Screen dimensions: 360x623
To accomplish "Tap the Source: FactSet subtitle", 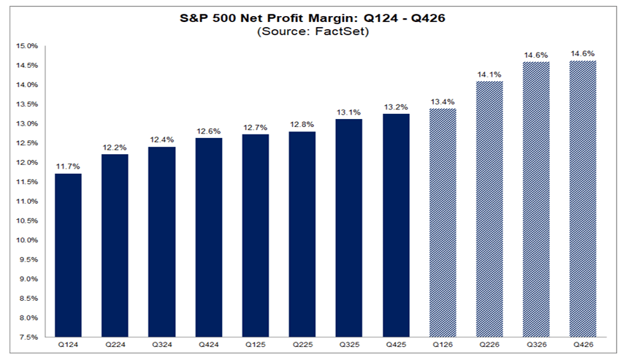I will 311,31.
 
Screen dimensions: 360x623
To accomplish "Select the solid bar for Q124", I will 67,256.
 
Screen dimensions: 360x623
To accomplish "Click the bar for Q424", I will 208,237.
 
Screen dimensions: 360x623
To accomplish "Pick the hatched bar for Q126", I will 443,223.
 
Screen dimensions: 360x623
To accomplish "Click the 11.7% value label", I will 67,166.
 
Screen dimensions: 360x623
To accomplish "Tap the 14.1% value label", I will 489,73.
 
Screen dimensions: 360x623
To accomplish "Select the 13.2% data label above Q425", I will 395,107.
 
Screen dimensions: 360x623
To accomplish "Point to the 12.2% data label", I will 114,147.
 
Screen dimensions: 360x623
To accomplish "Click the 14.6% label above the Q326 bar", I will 536,54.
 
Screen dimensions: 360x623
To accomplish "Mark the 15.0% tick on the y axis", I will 28,46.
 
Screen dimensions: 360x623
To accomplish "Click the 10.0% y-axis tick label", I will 28,240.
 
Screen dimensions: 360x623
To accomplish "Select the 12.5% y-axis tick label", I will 28,143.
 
